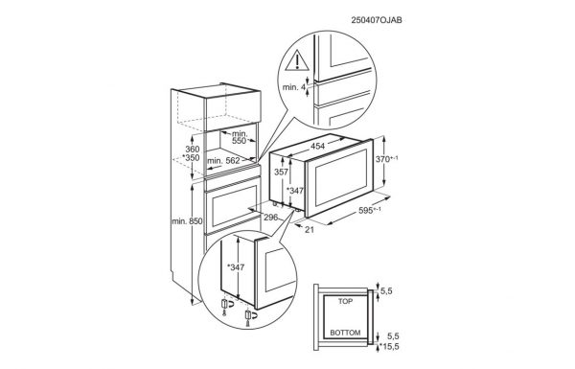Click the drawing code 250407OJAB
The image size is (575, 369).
pos(377,20)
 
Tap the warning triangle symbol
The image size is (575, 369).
pos(297,61)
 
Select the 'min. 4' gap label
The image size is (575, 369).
pos(294,87)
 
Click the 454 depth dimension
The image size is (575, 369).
pos(317,146)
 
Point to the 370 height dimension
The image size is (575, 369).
pos(387,159)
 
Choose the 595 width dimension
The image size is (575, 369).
pos(370,210)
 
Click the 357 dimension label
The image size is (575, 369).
pos(281,172)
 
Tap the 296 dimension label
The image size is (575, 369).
pos(271,218)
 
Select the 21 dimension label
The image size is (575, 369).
pos(310,230)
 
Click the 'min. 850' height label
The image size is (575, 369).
pos(187,221)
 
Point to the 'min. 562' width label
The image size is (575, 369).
pos(223,161)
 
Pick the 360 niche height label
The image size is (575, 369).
pos(193,149)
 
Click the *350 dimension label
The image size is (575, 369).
pos(191,158)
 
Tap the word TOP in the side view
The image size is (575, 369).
pos(345,302)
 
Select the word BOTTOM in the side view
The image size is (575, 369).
pos(345,333)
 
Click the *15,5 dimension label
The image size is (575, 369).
pos(389,346)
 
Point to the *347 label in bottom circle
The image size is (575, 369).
pos(236,267)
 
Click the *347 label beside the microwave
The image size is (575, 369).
pos(295,191)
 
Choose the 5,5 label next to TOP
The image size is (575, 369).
pos(386,291)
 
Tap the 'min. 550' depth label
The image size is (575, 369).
pos(239,137)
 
